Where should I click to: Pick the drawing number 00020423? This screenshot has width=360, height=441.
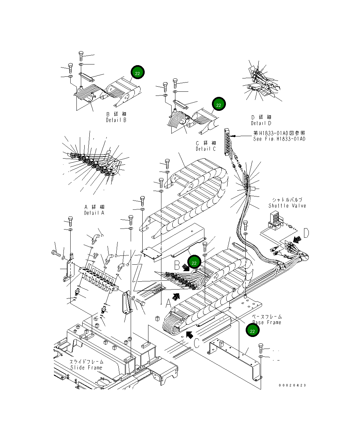292,385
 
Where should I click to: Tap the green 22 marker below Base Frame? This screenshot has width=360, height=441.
253,331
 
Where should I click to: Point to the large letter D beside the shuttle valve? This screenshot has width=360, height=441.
306,234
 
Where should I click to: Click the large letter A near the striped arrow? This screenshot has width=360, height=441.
168,303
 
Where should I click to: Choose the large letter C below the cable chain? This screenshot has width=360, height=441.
197,342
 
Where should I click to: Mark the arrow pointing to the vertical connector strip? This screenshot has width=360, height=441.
242,136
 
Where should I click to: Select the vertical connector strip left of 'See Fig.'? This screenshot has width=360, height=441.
228,142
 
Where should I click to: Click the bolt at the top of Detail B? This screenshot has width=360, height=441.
81,55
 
